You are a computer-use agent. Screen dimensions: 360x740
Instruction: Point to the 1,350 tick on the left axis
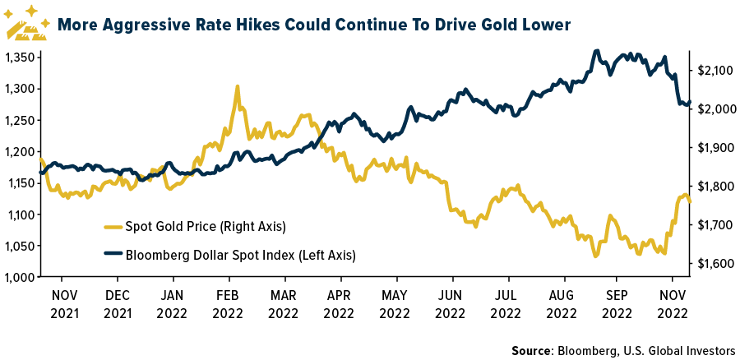(x=18, y=58)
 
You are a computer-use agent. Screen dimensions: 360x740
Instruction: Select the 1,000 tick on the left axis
(x=18, y=277)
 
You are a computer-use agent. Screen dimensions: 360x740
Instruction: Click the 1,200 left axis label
(x=18, y=151)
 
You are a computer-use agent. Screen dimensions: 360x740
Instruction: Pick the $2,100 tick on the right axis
(x=712, y=71)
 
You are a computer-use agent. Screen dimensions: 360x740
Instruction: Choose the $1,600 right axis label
(x=712, y=263)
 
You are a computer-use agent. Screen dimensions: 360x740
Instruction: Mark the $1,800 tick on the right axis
(x=712, y=187)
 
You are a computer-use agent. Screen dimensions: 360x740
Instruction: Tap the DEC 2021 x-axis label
(x=117, y=304)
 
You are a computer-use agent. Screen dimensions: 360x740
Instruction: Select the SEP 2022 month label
(x=617, y=304)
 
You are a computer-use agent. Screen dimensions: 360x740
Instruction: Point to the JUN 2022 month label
(x=450, y=304)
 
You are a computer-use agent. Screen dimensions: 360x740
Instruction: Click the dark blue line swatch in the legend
(x=112, y=255)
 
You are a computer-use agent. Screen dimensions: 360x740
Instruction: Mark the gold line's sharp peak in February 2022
(x=237, y=86)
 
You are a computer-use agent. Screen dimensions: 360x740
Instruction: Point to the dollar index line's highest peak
(x=595, y=51)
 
